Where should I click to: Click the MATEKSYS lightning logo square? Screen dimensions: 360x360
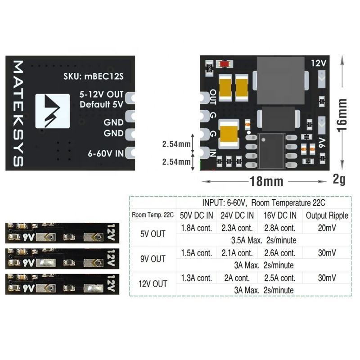(52, 111)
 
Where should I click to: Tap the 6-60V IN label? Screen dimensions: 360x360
(105, 153)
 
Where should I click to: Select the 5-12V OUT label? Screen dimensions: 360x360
(101, 95)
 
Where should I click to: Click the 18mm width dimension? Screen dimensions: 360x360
(266, 181)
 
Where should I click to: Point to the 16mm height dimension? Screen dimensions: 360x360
(342, 112)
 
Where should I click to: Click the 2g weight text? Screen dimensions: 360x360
(339, 180)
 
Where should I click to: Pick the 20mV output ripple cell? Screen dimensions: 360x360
(327, 228)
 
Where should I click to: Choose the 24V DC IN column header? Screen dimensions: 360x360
(237, 215)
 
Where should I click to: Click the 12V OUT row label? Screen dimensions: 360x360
(153, 284)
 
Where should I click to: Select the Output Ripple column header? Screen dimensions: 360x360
(327, 215)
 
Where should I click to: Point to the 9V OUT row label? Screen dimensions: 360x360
(153, 259)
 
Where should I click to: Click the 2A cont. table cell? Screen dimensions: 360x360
(237, 278)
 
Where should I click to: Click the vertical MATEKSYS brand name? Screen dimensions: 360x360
(17, 113)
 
